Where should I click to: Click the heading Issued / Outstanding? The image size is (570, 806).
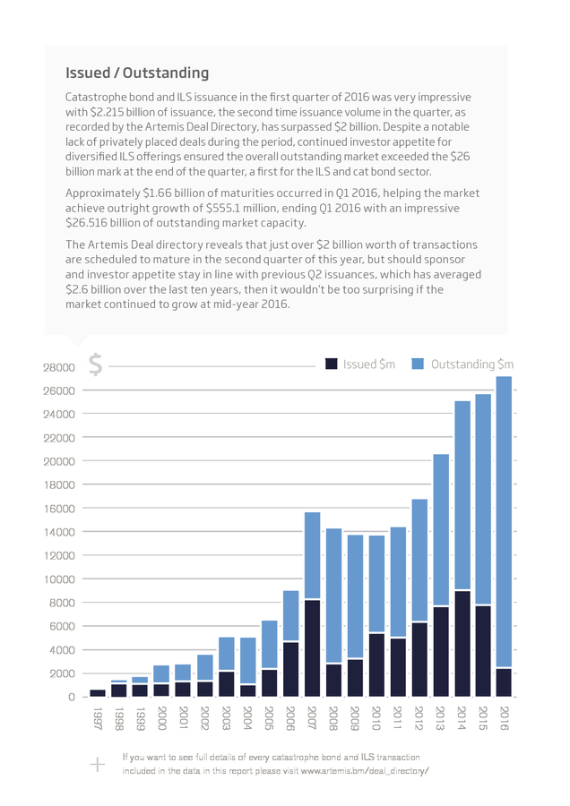point(137,73)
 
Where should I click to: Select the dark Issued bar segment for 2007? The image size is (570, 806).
point(312,648)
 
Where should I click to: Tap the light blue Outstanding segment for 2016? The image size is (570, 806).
point(505,522)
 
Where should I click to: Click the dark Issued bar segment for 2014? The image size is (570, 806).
point(462,644)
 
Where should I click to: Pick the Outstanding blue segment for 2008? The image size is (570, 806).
point(334,596)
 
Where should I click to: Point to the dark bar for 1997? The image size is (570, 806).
point(98,693)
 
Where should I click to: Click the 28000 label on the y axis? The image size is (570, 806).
point(58,367)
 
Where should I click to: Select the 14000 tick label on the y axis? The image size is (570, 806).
point(58,532)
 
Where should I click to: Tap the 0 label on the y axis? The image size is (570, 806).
point(72,697)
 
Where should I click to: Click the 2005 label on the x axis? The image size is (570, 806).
point(269,718)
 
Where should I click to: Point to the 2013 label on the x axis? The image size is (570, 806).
point(441,718)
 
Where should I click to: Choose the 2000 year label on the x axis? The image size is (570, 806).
point(162,718)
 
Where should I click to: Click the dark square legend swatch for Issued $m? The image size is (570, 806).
point(332,364)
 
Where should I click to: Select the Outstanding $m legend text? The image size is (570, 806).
point(472,364)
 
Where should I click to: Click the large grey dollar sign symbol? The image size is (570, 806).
point(96,364)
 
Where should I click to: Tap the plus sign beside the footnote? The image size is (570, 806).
point(97,765)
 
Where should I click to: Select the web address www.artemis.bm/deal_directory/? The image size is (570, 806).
point(365,770)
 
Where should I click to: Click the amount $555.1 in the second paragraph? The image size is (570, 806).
point(223,208)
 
